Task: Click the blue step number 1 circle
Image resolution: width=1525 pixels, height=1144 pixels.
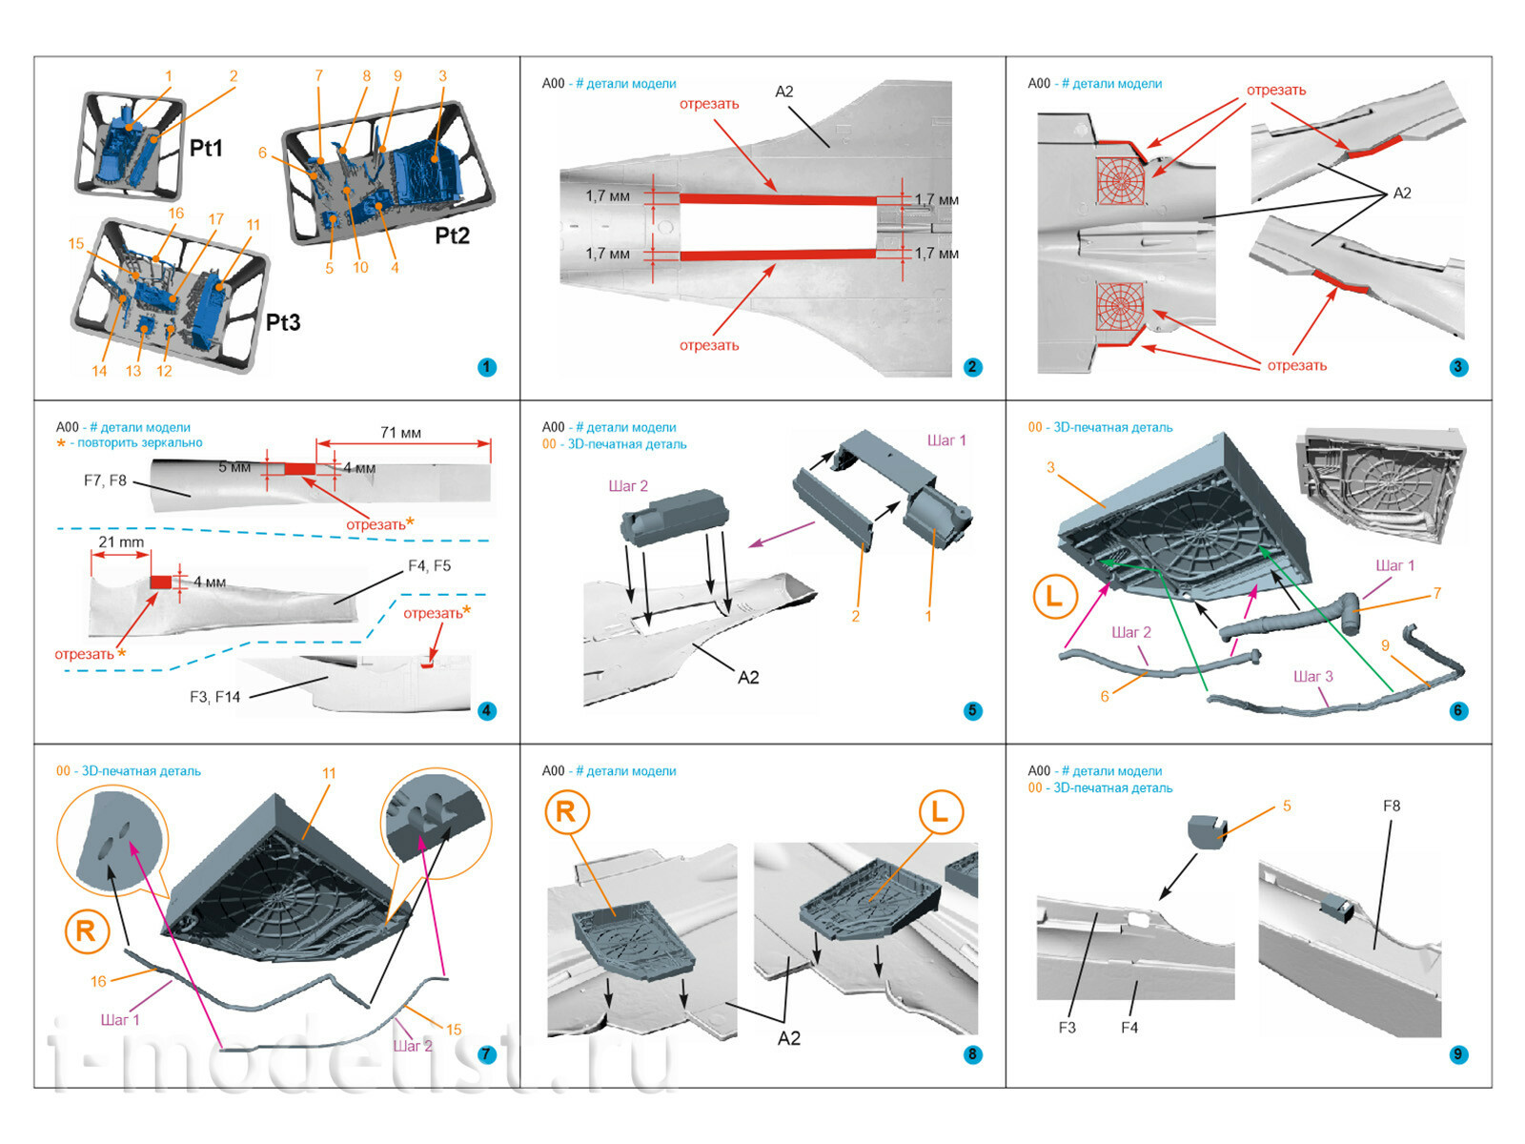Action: [487, 367]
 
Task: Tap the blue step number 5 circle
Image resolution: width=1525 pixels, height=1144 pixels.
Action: [972, 710]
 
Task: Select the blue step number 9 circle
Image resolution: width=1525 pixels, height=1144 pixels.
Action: [1457, 1054]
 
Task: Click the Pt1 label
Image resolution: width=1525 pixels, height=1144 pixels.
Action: [206, 148]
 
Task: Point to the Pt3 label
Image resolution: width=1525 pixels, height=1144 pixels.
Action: [283, 322]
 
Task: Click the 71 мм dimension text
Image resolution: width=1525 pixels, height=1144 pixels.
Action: [400, 433]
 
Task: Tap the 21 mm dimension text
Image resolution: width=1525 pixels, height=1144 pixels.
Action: [121, 541]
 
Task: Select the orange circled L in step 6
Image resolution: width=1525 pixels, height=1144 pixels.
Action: [1054, 597]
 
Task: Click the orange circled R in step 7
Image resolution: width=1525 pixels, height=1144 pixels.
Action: [86, 930]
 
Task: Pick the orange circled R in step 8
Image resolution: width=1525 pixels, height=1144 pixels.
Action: [565, 812]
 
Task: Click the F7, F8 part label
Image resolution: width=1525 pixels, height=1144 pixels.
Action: [105, 480]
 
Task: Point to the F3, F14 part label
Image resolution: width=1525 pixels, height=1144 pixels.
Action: [214, 697]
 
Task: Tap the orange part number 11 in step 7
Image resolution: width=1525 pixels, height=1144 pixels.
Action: [329, 773]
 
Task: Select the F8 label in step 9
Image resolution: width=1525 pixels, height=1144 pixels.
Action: [1392, 806]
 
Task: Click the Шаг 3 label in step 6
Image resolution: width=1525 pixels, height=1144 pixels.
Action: [1312, 676]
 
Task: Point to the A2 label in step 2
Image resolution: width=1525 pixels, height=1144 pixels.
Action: [783, 92]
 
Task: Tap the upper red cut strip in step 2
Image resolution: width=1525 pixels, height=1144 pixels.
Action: [777, 199]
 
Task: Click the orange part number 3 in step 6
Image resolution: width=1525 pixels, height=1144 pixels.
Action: [1050, 467]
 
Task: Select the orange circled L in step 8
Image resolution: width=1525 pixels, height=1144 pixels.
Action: [940, 812]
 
